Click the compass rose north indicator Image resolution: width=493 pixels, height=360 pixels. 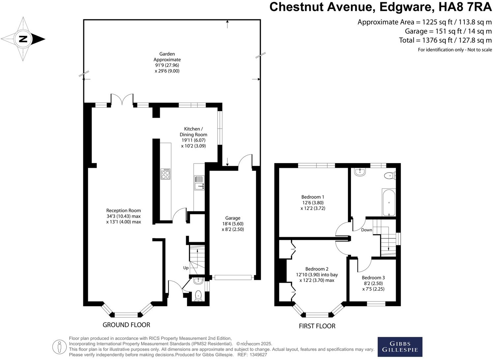coord(23,39)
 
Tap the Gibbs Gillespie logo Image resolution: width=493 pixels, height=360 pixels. coord(400,347)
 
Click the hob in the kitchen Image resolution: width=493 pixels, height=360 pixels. coord(165,174)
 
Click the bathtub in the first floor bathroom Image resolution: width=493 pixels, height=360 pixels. coord(389,202)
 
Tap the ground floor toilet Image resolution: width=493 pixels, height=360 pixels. coord(198,295)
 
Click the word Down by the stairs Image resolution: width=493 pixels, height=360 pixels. coord(366,230)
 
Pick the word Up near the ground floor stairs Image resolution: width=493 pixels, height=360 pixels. coord(186,268)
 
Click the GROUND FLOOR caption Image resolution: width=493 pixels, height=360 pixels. coord(126,325)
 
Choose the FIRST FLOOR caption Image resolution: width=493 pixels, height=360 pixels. coord(317,326)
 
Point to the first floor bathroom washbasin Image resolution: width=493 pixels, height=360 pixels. coord(360,172)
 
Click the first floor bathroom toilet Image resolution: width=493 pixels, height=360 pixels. coord(390,176)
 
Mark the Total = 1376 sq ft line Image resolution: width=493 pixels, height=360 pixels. coord(445,40)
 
